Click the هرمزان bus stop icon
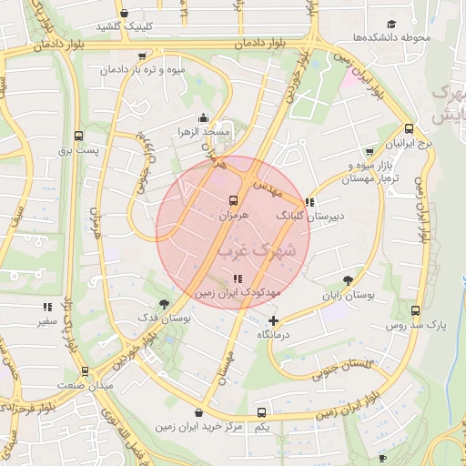point(233,200)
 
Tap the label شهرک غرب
point(257,248)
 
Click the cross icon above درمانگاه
point(274,320)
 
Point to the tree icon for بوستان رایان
point(349,281)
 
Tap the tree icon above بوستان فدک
point(164,304)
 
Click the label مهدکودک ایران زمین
point(238,294)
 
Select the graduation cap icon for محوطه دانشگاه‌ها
point(391,25)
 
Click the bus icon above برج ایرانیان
point(409,129)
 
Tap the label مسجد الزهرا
point(205,132)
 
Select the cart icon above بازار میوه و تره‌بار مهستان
point(369,152)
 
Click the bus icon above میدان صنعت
point(85,371)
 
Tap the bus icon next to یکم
point(262,412)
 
